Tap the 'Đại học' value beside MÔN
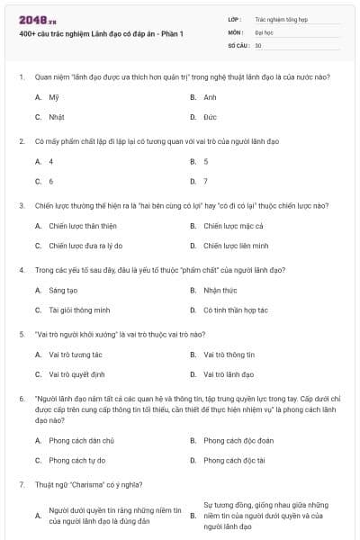(265, 31)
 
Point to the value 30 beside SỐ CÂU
(258, 44)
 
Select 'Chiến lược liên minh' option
(236, 246)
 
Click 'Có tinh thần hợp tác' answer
(236, 310)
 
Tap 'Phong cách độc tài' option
(234, 460)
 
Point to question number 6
(21, 397)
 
